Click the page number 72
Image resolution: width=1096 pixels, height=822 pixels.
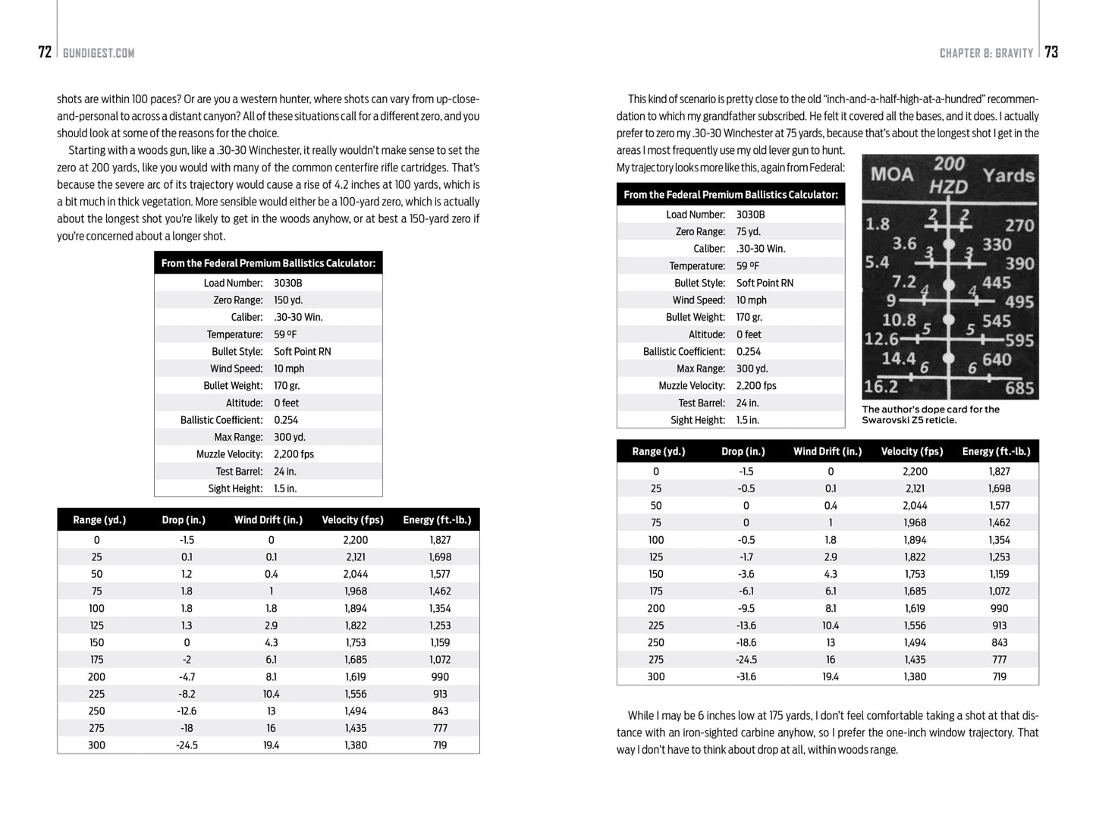pos(45,52)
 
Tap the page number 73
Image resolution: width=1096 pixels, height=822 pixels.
pos(1051,52)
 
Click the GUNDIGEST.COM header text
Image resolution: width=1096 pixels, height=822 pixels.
pos(99,53)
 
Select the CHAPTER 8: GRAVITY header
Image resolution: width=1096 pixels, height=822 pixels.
pos(986,53)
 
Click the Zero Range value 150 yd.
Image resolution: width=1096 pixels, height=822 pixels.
pos(288,300)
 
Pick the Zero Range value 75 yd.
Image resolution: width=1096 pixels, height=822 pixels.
pos(748,232)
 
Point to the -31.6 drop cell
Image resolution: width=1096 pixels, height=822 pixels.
pos(746,677)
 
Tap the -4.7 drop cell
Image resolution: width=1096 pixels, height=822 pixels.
pos(187,677)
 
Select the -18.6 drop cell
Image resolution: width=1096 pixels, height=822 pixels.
pos(746,643)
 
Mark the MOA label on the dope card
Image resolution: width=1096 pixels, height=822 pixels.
pos(892,174)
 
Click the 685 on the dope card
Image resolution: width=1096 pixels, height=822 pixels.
pos(1019,388)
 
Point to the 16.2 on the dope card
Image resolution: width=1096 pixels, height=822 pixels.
pos(881,387)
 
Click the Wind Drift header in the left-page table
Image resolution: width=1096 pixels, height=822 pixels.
pos(269,520)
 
